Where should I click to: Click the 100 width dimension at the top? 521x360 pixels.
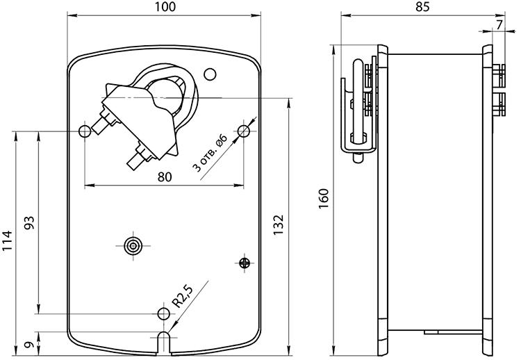click(x=165, y=7)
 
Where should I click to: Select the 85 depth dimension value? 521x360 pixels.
click(x=422, y=7)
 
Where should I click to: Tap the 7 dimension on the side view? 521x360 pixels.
click(x=499, y=24)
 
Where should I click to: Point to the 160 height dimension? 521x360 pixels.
click(x=324, y=199)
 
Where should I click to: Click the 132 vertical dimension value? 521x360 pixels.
click(x=279, y=225)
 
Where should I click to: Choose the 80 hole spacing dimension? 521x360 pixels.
click(x=165, y=177)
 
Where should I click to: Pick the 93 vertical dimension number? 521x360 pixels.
click(x=30, y=223)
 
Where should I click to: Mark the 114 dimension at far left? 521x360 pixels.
click(x=8, y=240)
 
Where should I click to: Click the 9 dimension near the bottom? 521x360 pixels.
click(x=30, y=345)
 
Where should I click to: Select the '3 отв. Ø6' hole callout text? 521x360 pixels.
click(x=210, y=153)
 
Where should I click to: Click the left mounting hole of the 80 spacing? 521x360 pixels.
click(x=85, y=131)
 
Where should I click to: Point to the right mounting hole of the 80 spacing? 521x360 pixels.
click(x=244, y=131)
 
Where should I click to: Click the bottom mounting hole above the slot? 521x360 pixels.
click(x=163, y=313)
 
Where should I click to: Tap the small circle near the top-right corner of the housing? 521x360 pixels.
click(x=210, y=74)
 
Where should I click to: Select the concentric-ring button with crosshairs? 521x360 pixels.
click(x=133, y=246)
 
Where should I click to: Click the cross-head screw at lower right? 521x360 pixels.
click(x=245, y=263)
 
